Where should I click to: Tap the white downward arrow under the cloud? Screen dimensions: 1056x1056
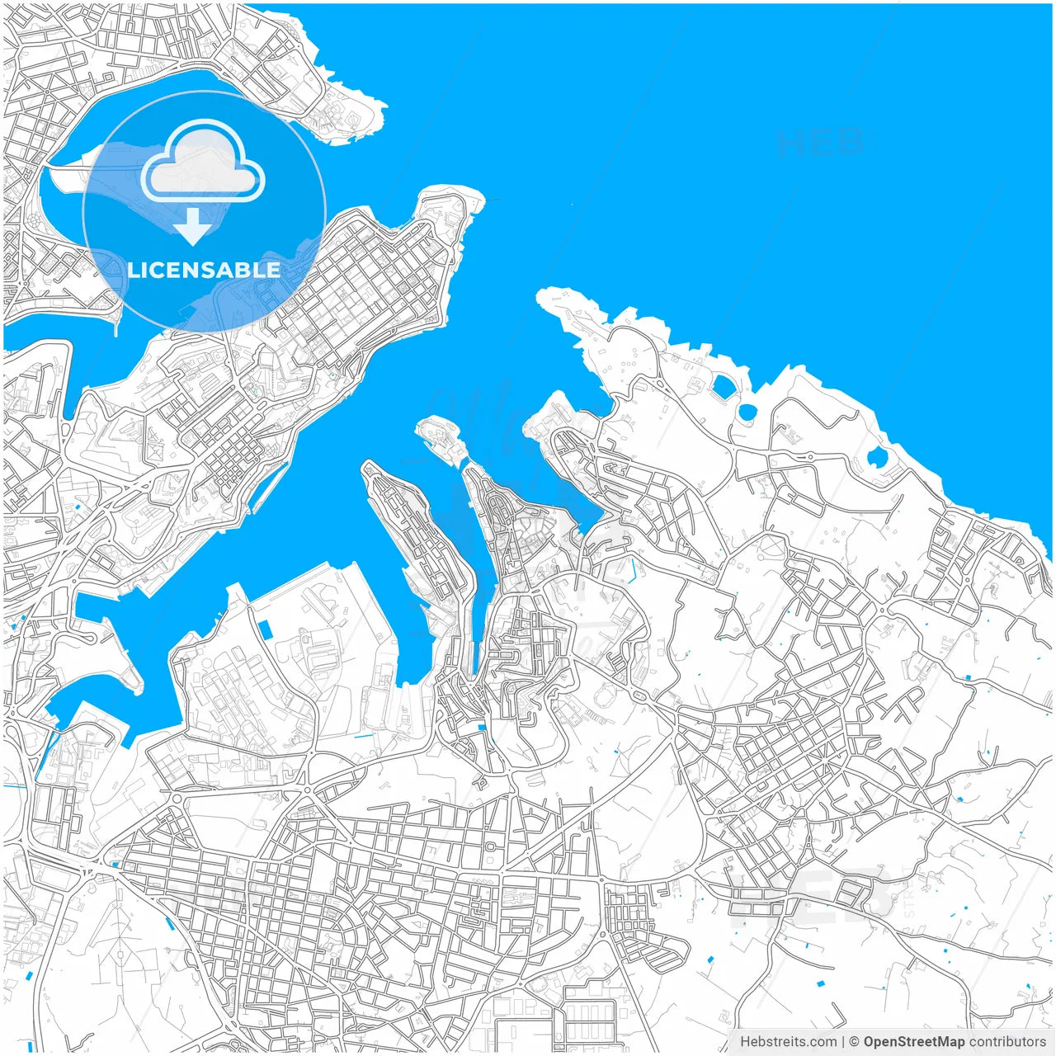click(x=193, y=227)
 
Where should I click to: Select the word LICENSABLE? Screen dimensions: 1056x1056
click(x=205, y=270)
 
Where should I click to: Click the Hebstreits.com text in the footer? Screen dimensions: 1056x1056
click(x=789, y=1042)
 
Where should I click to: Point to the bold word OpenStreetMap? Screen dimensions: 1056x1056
click(x=913, y=1042)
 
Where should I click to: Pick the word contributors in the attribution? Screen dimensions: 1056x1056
click(x=1007, y=1042)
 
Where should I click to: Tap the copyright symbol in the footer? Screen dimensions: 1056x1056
click(x=854, y=1042)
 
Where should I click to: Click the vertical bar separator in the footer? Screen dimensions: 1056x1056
click(x=843, y=1042)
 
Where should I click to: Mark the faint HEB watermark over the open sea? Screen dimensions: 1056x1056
click(x=820, y=144)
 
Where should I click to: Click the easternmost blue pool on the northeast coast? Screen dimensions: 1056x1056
click(x=877, y=458)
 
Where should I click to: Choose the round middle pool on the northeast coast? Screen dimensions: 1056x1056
click(x=747, y=412)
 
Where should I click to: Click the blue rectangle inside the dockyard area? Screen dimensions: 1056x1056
click(x=265, y=629)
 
